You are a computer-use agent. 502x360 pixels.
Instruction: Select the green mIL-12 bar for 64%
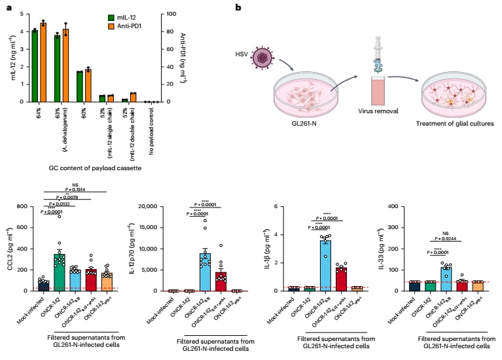click(x=35, y=66)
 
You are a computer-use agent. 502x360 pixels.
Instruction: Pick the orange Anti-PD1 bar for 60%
click(x=88, y=86)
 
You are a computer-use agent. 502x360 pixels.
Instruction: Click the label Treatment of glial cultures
click(x=452, y=122)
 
